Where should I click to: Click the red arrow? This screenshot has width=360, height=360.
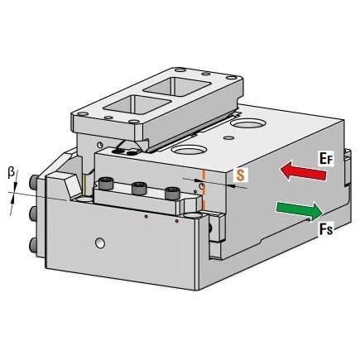(303, 171)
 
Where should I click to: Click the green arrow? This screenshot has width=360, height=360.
(300, 211)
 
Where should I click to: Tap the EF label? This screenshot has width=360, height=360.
(326, 158)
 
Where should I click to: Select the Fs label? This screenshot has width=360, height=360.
(326, 228)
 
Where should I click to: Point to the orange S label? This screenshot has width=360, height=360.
(241, 175)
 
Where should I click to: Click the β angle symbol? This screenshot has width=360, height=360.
(11, 173)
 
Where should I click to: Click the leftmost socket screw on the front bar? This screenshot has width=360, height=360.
(105, 183)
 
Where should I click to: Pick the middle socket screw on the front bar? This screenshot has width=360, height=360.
(137, 188)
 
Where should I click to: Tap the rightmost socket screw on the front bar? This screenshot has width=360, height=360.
(171, 193)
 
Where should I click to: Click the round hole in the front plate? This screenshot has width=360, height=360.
(100, 242)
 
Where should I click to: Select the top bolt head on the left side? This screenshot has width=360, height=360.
(33, 182)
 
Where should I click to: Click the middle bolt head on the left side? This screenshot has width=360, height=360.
(33, 214)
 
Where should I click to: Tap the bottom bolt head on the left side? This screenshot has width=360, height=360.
(33, 244)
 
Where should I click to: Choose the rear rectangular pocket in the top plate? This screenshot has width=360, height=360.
(177, 87)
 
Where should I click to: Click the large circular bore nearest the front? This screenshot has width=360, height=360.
(189, 150)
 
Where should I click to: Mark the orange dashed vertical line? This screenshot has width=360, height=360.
(204, 190)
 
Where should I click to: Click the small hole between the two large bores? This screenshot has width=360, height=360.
(228, 137)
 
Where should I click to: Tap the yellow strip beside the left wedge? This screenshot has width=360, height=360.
(84, 185)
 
